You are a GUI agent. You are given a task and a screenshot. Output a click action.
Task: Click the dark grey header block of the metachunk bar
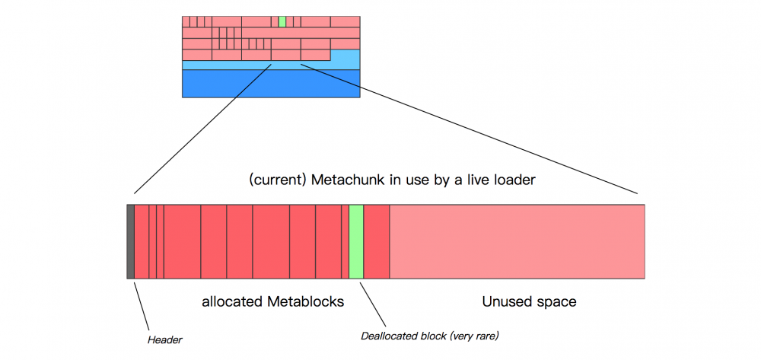[130, 241]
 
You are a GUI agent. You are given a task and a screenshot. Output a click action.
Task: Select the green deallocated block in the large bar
[356, 241]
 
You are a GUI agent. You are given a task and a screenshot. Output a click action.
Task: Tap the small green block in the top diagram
[282, 21]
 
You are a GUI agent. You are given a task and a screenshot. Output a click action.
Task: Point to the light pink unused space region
[517, 241]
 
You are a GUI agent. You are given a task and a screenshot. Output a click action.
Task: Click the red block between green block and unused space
[377, 241]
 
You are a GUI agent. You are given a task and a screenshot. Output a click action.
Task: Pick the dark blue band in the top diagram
[271, 84]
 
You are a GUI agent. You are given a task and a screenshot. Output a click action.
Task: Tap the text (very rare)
[476, 335]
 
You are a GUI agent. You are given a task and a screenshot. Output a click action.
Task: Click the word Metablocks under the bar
[306, 302]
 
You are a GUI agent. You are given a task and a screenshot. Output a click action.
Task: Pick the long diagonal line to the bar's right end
[472, 129]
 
